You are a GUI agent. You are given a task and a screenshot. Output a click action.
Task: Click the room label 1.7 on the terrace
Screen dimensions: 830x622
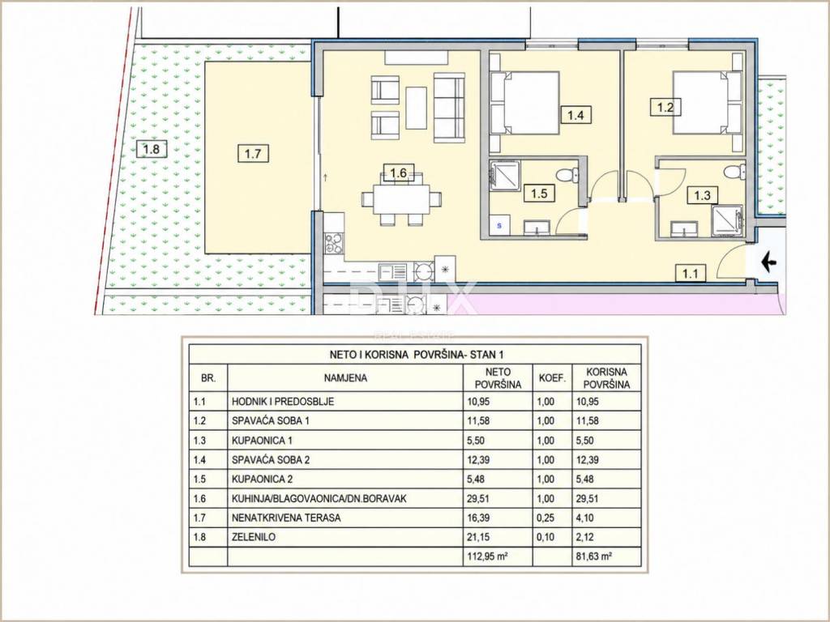(x=253, y=154)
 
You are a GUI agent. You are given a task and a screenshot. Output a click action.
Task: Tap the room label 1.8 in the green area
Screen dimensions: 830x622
(x=151, y=149)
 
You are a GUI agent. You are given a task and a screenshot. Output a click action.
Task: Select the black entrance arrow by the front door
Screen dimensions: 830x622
(x=768, y=262)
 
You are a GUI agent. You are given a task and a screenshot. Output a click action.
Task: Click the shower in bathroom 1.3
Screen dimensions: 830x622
(x=727, y=219)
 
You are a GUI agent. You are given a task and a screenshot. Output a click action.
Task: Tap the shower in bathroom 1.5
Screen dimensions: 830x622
(x=506, y=175)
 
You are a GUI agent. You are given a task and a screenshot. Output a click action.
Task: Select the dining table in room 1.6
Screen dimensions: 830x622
(x=401, y=198)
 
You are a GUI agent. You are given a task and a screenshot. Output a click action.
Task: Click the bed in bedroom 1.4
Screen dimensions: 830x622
(x=525, y=103)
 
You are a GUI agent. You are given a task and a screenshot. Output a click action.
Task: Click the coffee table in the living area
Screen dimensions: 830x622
(x=416, y=108)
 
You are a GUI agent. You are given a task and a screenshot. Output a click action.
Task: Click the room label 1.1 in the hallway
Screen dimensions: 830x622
(x=691, y=274)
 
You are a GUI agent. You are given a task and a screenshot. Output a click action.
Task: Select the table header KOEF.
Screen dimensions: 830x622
(x=553, y=378)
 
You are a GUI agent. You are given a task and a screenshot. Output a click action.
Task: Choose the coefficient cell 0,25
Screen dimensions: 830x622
(x=545, y=518)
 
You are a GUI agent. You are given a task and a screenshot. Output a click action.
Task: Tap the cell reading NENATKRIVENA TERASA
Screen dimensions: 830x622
(x=286, y=518)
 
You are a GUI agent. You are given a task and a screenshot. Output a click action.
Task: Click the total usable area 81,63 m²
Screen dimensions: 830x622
(x=594, y=556)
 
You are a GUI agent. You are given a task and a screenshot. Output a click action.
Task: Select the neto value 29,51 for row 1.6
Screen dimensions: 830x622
(x=478, y=498)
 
